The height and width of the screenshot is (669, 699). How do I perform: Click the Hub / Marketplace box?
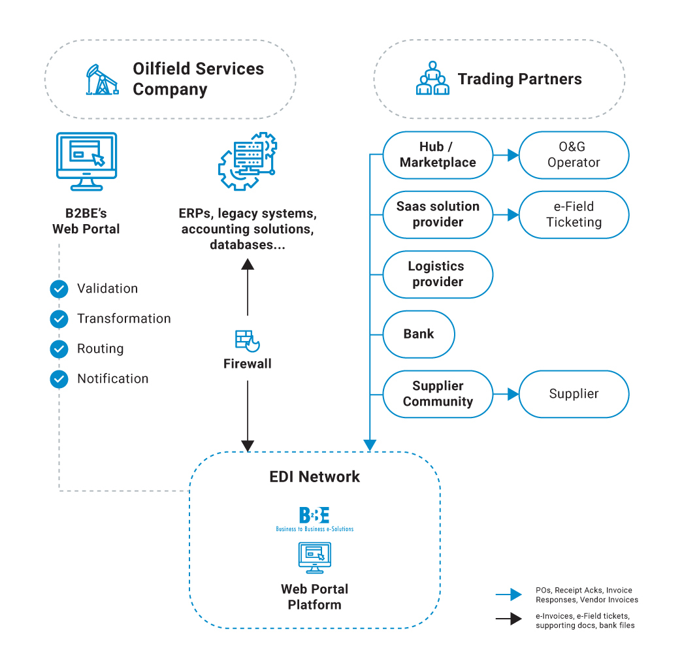point(438,155)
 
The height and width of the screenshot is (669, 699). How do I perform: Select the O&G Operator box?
point(574,155)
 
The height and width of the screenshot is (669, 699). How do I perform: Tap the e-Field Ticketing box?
point(574,214)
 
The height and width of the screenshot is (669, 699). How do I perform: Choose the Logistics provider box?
point(438,274)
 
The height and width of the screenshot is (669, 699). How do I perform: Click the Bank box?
point(419,334)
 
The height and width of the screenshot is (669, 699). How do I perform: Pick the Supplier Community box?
point(438,394)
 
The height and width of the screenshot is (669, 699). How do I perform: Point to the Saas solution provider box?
point(438,214)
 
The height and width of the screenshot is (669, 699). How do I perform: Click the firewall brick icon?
point(247,340)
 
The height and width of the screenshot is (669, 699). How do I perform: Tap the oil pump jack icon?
point(101,79)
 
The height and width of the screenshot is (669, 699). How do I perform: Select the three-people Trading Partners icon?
point(432,78)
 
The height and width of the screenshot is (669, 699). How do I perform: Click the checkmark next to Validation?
point(59,289)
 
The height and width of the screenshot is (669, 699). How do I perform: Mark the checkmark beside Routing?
point(59,349)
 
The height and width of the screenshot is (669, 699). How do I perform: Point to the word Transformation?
point(124,319)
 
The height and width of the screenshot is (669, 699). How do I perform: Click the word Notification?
point(113,379)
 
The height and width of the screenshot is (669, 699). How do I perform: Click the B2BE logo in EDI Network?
point(314,519)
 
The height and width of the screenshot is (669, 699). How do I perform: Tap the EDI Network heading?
point(314,476)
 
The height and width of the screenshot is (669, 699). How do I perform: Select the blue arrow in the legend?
point(509,595)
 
